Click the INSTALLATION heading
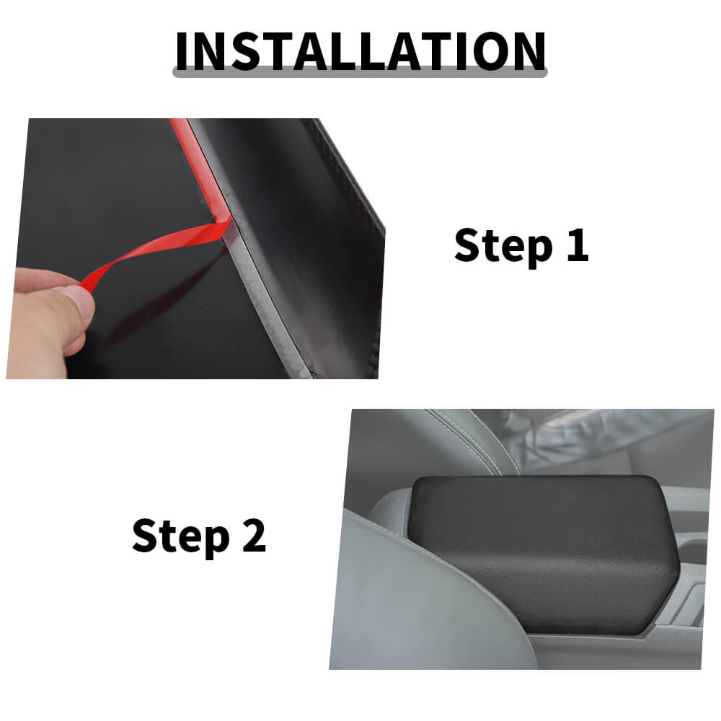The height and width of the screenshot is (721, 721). (x=360, y=51)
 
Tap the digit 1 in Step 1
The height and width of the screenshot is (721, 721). (x=578, y=244)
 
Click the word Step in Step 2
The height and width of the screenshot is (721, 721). (x=181, y=536)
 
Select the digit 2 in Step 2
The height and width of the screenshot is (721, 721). (x=254, y=535)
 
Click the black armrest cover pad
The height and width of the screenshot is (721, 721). (x=543, y=554)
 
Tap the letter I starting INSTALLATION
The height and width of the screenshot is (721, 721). (x=182, y=51)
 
